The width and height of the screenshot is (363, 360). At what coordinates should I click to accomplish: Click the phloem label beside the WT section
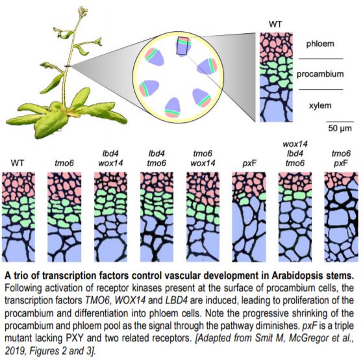pos(320,44)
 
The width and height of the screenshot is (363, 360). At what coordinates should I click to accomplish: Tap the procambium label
pos(320,74)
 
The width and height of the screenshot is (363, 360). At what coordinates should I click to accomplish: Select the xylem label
pos(320,106)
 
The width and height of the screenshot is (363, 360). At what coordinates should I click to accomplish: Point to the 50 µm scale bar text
pos(340,129)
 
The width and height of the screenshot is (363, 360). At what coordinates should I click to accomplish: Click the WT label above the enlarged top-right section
pos(275,24)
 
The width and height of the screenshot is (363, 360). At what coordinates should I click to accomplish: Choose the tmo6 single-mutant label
pos(64,163)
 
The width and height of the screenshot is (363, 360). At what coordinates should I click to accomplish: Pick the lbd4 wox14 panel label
pos(110,158)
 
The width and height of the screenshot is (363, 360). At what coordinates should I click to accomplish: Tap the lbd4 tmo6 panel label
pos(156,158)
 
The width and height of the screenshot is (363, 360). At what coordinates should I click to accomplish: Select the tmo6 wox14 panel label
pos(203,158)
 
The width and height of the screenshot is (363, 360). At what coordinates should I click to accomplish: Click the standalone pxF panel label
pos(249,164)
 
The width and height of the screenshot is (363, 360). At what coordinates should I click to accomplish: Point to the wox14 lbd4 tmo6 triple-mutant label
pos(295,153)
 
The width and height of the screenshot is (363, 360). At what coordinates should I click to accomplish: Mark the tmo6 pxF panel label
pos(341,159)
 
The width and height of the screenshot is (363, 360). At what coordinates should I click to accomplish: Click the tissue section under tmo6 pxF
pos(341,217)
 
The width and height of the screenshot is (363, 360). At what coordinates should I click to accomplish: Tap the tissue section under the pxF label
pos(249,217)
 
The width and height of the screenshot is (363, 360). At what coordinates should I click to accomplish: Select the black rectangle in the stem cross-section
pos(183,45)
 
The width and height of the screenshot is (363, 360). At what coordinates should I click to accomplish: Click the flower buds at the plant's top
pos(83,11)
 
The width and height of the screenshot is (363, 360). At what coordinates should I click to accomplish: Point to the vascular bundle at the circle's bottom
pos(173,107)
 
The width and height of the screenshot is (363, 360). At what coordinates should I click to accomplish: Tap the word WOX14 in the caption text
pos(130,300)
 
